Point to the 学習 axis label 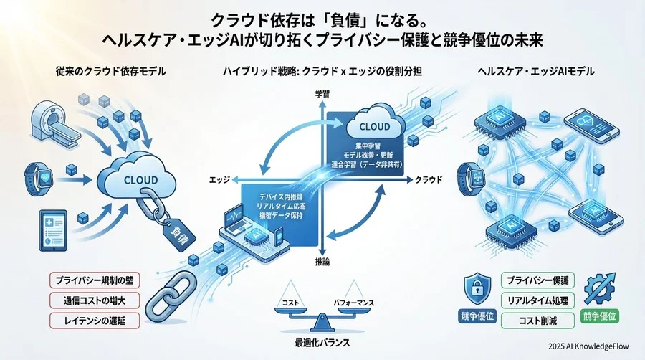click(321, 94)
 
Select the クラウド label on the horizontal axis click(430, 179)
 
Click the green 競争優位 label click(600, 316)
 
